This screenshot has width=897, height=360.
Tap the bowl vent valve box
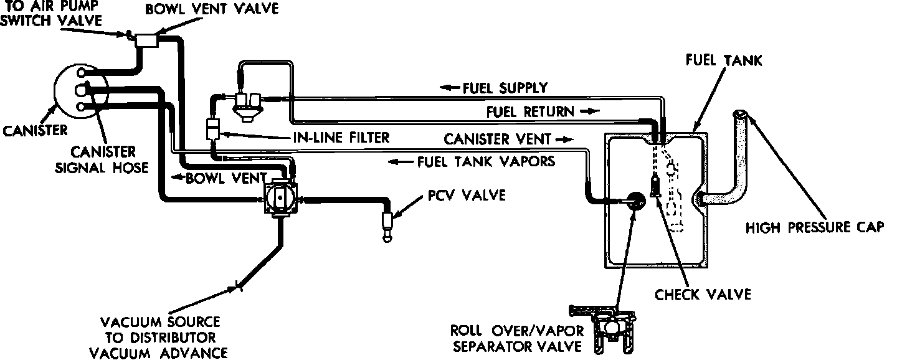[x=148, y=39]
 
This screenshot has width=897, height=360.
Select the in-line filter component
[x=212, y=131]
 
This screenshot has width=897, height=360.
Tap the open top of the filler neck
[x=741, y=115]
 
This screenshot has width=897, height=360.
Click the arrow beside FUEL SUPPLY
[x=448, y=88]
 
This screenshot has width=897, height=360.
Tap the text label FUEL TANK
[x=723, y=60]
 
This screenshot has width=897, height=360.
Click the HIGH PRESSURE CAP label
[x=815, y=228]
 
